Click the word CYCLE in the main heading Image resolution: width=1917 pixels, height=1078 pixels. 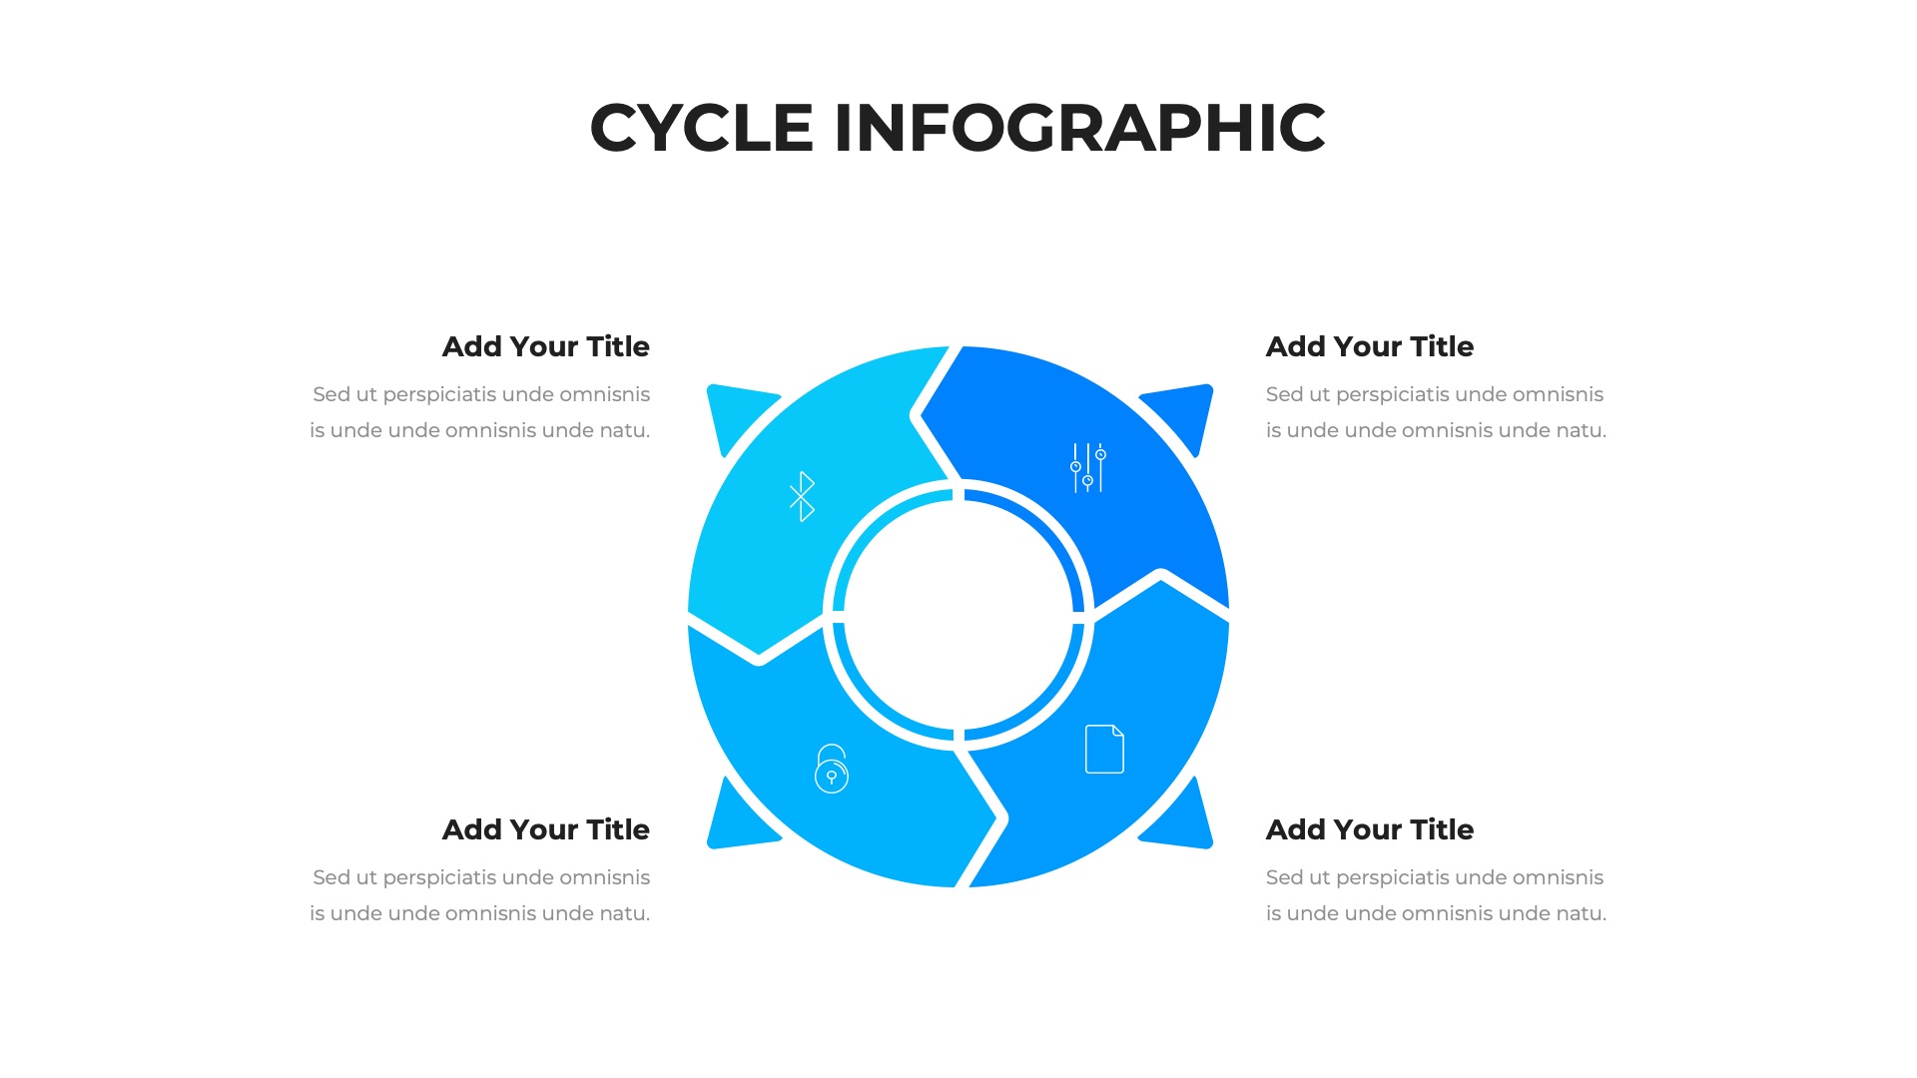click(x=702, y=128)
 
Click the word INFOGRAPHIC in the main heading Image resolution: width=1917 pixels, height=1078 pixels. click(x=1080, y=128)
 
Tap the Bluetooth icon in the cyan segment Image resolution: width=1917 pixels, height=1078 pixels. click(x=802, y=496)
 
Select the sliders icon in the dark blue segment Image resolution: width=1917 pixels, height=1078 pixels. click(x=1088, y=468)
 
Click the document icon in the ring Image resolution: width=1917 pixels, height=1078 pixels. click(x=1104, y=749)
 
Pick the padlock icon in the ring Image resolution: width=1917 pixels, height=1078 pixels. click(x=832, y=769)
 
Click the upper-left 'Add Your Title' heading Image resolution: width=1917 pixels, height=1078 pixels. click(x=546, y=346)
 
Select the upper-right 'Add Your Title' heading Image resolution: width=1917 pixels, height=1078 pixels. click(x=1370, y=346)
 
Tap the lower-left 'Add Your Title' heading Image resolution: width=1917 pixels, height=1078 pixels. click(x=546, y=829)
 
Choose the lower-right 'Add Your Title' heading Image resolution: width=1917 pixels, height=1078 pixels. click(x=1370, y=829)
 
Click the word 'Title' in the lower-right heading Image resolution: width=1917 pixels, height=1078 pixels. click(x=1442, y=829)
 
